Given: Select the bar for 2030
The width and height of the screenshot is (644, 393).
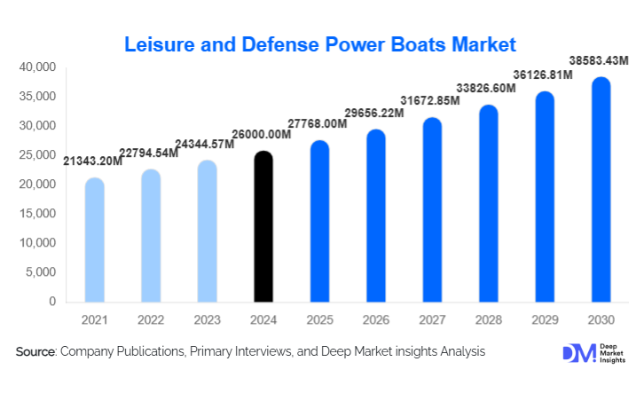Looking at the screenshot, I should [601, 190].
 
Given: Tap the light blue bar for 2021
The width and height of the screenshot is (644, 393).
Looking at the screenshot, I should [94, 240].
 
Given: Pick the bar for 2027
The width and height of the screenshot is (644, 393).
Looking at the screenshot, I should [432, 210].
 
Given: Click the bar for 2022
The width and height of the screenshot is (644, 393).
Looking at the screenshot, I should [151, 236].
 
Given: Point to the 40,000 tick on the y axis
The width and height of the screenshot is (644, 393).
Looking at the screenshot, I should [37, 67].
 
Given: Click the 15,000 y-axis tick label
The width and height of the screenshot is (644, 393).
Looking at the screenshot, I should [37, 214].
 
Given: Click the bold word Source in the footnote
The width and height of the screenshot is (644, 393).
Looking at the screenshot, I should [35, 352].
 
